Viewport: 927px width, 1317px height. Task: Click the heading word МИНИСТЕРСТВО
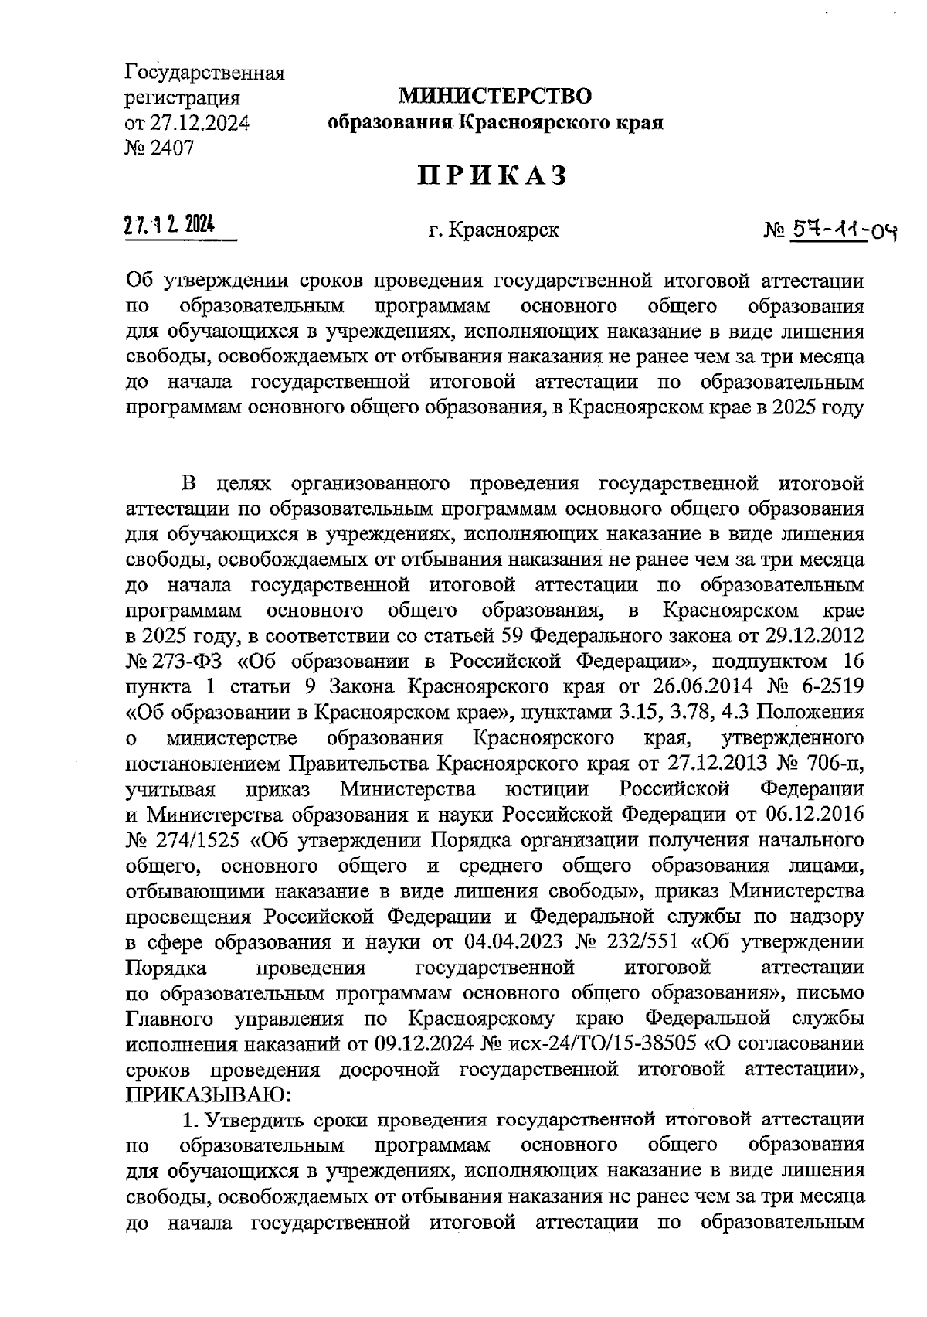pos(494,97)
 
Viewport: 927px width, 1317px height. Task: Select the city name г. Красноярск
pos(494,230)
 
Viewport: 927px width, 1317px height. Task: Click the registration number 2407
pos(171,147)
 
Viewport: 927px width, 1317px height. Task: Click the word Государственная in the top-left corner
pos(205,74)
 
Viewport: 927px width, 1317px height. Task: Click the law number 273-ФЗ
pos(178,662)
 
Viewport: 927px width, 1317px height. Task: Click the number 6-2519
pos(830,687)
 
